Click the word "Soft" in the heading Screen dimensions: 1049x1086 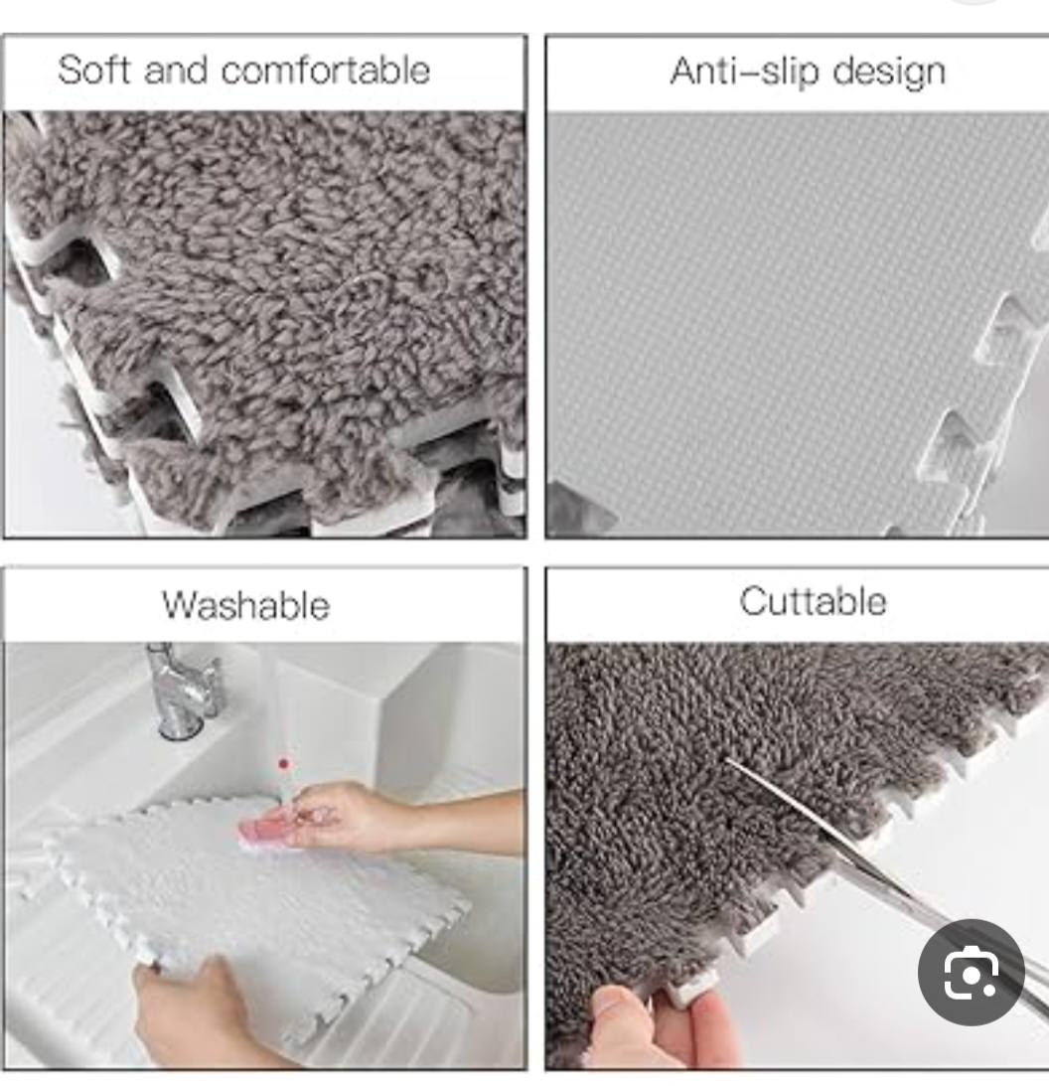tap(93, 70)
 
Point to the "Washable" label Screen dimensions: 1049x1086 tap(245, 605)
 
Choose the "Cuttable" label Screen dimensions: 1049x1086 tap(813, 600)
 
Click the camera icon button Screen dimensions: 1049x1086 tap(971, 973)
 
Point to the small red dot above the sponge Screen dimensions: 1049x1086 tap(282, 764)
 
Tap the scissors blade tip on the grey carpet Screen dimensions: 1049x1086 tap(728, 761)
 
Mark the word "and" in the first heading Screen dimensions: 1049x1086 tap(175, 70)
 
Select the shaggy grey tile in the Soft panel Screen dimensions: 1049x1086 tap(291, 291)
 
